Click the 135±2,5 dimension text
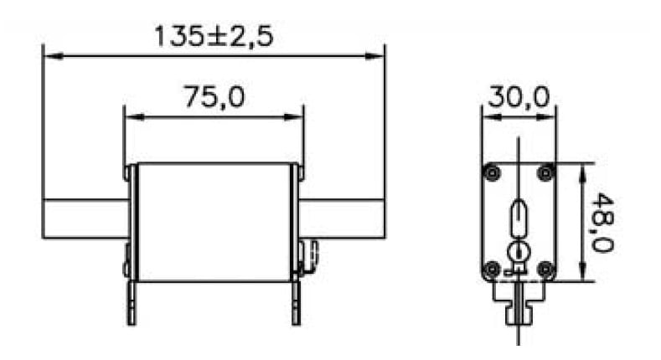click(214, 36)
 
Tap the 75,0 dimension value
click(214, 97)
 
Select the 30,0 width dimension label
click(519, 97)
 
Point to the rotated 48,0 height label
click(602, 223)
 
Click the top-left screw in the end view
click(492, 172)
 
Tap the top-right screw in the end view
click(545, 172)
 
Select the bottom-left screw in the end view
click(492, 268)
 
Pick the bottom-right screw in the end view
click(545, 268)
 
